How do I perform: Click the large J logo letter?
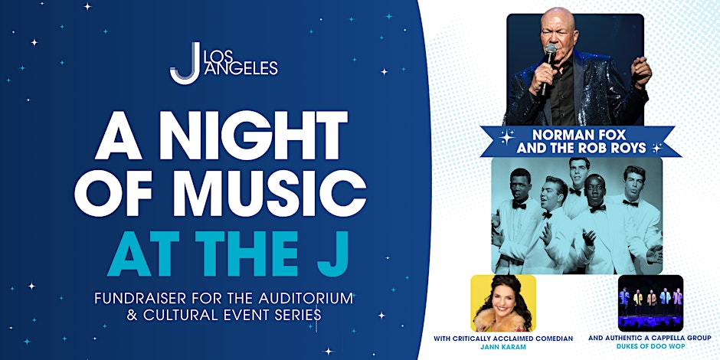[185, 64]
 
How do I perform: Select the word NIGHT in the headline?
[253, 136]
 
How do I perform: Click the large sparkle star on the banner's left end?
[506, 137]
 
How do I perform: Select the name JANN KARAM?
[503, 347]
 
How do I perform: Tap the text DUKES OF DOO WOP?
[650, 347]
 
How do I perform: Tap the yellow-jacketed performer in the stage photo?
[637, 303]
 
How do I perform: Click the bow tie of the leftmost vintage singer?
[519, 205]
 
